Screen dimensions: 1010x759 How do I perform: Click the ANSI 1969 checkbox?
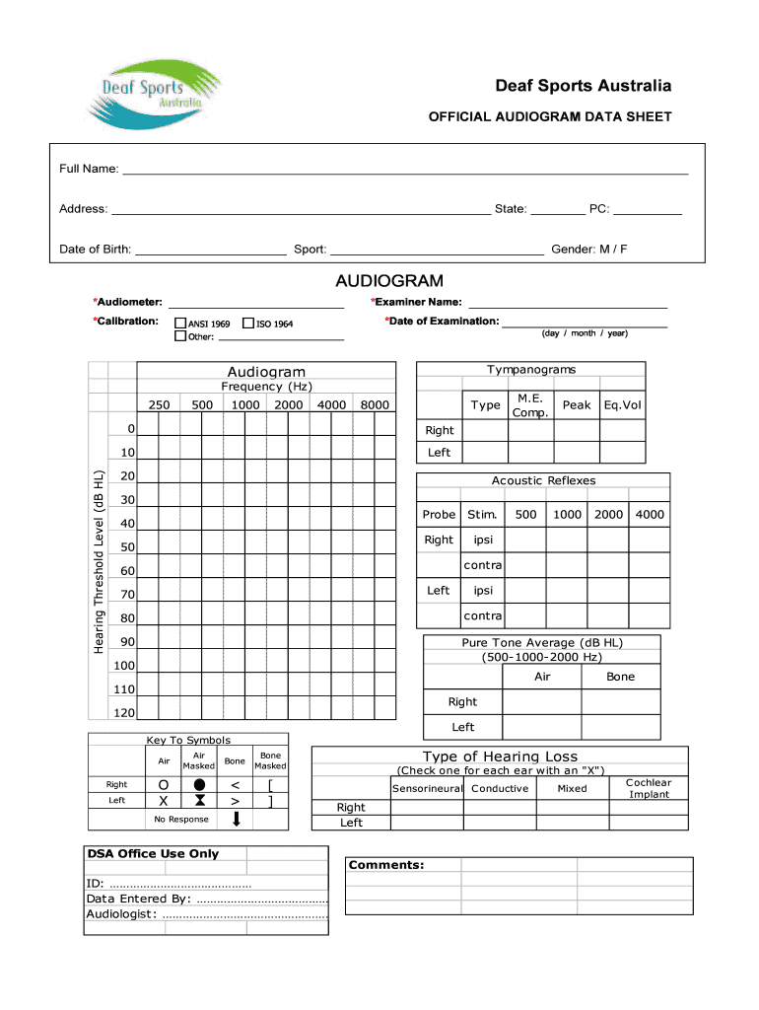(180, 324)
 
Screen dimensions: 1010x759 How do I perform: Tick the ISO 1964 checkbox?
(247, 324)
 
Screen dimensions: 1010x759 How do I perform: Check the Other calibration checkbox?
(180, 336)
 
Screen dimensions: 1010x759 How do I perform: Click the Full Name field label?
(89, 169)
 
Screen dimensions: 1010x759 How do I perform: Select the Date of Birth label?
(95, 250)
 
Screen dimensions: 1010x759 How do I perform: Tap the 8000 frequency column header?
(374, 405)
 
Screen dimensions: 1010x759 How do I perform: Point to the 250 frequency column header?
(159, 405)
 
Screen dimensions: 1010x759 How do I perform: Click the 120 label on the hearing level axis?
(123, 713)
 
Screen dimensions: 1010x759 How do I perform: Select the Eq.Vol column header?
(622, 405)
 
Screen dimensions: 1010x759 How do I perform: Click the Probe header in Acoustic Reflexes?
(439, 515)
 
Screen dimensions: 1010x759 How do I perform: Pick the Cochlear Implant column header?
(649, 788)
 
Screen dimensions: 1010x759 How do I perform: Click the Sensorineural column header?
(427, 789)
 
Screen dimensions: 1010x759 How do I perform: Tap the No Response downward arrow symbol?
(236, 820)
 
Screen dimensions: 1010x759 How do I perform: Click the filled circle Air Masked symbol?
(198, 784)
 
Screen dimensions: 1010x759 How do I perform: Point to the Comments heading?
(386, 865)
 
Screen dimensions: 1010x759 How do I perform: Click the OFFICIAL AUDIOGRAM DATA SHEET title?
(549, 116)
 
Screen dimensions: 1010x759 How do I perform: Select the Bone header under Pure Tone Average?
(620, 677)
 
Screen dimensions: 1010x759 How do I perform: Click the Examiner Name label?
(417, 302)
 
